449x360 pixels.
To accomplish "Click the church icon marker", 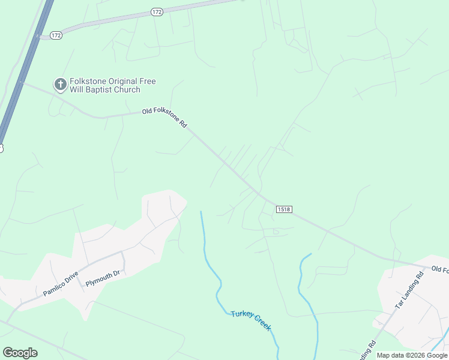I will [x=60, y=85].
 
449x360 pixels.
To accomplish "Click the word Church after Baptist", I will [x=129, y=90].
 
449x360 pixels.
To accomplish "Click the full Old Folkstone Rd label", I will [x=165, y=118].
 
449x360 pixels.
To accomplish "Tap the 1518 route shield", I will [x=284, y=209].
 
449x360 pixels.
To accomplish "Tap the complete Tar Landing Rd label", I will [x=409, y=290].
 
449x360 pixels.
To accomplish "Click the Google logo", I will [x=20, y=353].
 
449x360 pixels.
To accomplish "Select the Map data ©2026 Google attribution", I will [x=412, y=355].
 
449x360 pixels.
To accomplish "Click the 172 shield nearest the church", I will [x=56, y=35].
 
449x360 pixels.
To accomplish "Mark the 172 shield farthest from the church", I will [x=157, y=12].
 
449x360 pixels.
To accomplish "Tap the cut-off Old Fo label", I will [x=440, y=269].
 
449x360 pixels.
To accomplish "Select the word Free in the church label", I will [x=157, y=80].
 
